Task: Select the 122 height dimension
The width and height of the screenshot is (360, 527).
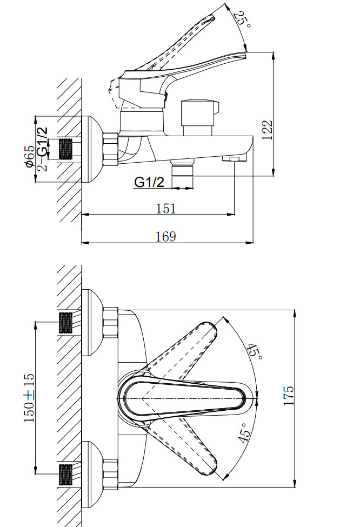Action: (x=267, y=130)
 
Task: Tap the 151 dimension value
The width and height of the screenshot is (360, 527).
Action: (x=166, y=209)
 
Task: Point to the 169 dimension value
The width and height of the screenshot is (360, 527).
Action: (x=166, y=237)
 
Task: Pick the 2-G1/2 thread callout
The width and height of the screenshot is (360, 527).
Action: (x=42, y=149)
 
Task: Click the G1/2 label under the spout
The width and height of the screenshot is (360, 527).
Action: (x=149, y=182)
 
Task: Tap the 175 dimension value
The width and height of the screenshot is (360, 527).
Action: (x=289, y=396)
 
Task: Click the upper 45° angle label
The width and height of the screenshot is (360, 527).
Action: (x=255, y=351)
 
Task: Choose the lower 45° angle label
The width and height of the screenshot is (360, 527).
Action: (x=245, y=432)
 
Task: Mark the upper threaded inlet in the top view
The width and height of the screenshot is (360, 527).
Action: (x=65, y=323)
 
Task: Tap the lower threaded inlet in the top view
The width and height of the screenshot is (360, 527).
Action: (x=65, y=475)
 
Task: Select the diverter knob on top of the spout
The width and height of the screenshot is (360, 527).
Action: (x=199, y=117)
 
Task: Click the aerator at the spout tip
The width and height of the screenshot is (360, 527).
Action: (x=234, y=158)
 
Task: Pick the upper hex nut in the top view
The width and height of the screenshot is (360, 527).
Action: (x=111, y=322)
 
